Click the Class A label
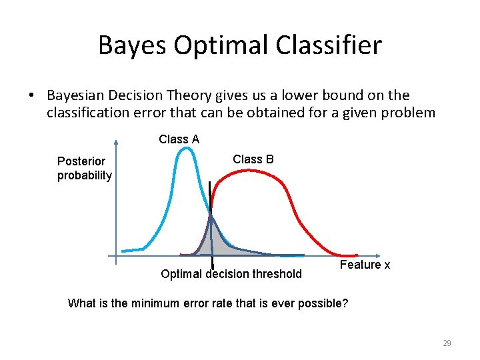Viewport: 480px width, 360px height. tap(179, 139)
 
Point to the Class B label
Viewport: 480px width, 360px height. tap(253, 159)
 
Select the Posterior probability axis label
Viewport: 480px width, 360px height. tap(84, 168)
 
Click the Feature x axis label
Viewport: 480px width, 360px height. tap(365, 265)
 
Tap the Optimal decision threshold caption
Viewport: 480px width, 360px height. tap(231, 274)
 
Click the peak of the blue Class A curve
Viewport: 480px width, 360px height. tap(188, 148)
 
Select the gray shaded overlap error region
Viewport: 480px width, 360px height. tap(215, 243)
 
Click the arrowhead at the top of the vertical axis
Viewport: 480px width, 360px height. tap(116, 141)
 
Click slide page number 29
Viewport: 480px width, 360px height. tap(447, 343)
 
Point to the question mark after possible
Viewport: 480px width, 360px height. tap(344, 303)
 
